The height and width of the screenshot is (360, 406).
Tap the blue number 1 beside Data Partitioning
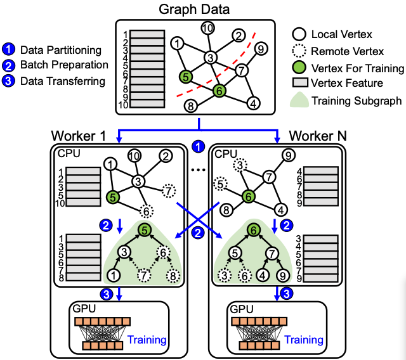coord(10,49)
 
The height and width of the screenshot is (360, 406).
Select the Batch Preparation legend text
coord(64,65)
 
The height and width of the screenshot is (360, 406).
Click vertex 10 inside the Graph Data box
coord(207,28)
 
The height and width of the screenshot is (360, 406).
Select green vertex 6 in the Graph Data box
coord(219,91)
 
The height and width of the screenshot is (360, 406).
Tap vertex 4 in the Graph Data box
coord(252,102)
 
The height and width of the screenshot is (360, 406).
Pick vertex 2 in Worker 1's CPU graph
coord(166,156)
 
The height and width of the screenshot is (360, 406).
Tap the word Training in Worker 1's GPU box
coord(147,340)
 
